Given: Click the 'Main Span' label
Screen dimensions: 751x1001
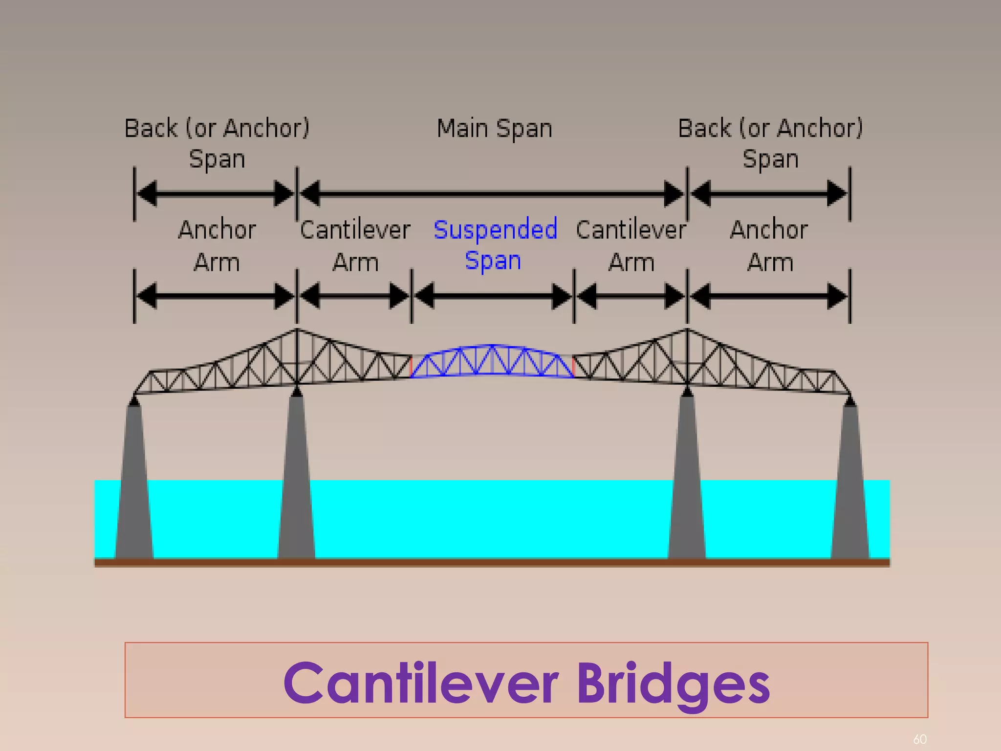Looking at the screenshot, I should [x=494, y=129].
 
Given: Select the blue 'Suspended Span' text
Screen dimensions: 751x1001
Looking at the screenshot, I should [x=495, y=244].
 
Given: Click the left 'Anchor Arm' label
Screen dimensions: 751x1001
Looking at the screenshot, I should [x=217, y=245].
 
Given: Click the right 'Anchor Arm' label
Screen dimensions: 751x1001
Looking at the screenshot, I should [x=769, y=245].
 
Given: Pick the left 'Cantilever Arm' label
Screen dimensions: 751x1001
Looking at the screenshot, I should [x=355, y=245].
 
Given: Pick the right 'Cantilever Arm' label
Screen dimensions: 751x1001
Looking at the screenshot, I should [x=631, y=245].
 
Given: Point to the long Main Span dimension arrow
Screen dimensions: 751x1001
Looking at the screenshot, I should [x=492, y=194].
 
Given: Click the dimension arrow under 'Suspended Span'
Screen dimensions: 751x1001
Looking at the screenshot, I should [x=493, y=296].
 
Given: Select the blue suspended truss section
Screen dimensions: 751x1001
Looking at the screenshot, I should [x=492, y=362].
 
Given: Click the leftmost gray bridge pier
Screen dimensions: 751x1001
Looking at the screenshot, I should [x=134, y=484].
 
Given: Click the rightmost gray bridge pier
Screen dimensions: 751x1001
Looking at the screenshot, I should [x=850, y=484].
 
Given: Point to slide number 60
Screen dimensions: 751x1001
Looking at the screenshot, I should [x=920, y=739].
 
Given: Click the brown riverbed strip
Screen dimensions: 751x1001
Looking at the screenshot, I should [x=492, y=563].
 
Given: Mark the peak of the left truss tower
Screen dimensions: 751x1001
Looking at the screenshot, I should [x=297, y=330].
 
